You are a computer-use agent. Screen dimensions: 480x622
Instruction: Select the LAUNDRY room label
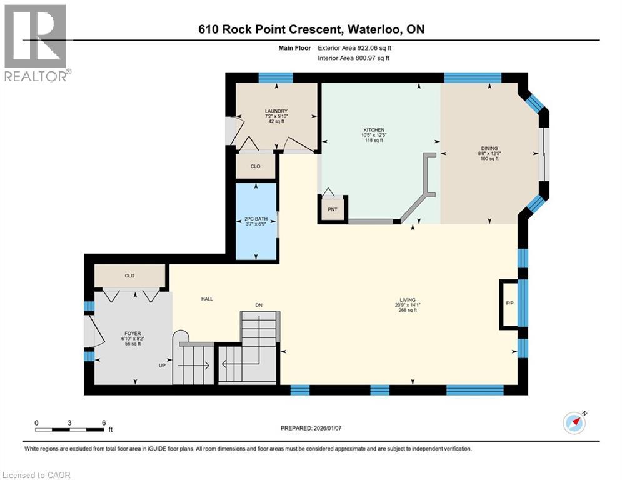276,111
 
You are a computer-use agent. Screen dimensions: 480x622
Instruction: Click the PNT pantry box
333,209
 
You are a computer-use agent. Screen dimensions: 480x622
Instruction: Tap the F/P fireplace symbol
510,304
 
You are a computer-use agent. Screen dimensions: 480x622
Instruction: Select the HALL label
207,299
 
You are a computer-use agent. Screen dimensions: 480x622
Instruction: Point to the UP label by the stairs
161,365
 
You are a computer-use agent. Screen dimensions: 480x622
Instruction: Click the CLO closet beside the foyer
129,276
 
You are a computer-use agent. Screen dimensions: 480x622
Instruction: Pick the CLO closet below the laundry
255,166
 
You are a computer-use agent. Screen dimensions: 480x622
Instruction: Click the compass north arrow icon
573,422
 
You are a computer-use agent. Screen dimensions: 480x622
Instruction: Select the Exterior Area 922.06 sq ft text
354,47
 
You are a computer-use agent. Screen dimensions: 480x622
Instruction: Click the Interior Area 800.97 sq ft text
354,58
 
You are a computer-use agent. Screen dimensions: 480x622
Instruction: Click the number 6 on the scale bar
103,422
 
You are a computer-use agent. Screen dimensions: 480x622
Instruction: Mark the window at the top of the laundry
276,77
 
